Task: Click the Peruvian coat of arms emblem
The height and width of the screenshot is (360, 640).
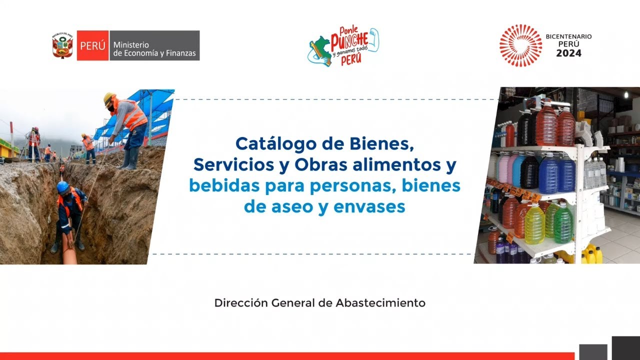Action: [x=63, y=46]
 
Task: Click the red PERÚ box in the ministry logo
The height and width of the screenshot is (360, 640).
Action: [x=92, y=45]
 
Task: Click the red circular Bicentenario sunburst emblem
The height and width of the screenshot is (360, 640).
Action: [x=520, y=45]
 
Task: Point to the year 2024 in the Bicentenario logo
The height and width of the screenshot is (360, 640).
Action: [x=569, y=53]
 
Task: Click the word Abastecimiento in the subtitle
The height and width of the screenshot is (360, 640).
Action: [x=380, y=303]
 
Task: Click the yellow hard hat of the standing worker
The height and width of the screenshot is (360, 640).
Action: [x=109, y=98]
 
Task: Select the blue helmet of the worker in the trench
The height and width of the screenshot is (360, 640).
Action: [x=62, y=186]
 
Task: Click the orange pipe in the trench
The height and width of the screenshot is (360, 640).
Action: [x=69, y=250]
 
